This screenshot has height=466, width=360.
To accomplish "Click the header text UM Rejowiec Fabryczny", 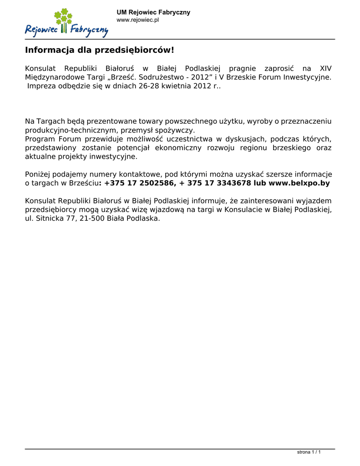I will [x=153, y=12].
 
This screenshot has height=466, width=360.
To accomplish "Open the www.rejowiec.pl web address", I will [x=137, y=20].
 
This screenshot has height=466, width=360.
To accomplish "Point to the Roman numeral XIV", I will [x=326, y=68].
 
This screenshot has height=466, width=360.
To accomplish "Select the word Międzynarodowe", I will [x=55, y=77].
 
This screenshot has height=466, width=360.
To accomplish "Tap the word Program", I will [x=40, y=139].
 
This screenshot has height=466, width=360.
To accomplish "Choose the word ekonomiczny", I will [x=180, y=147].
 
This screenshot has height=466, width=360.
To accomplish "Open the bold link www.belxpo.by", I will [x=299, y=183].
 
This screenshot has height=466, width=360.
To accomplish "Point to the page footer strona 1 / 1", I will [x=309, y=452].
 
